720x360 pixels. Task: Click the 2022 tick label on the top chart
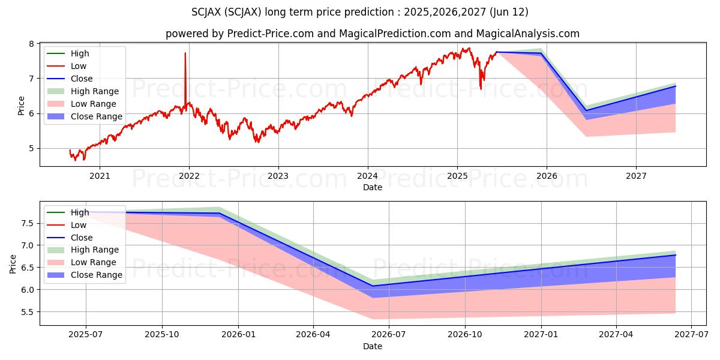point(189,176)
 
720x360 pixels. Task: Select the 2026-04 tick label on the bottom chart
point(313,334)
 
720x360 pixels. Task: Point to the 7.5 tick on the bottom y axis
point(28,223)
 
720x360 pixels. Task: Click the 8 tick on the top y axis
point(31,43)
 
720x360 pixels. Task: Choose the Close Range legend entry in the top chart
point(85,116)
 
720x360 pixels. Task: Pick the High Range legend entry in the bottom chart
point(83,250)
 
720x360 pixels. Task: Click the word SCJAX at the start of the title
point(206,12)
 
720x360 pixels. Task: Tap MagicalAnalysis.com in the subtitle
point(527,34)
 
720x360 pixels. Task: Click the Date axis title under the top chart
point(373,187)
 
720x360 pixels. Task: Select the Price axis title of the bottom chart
point(13,264)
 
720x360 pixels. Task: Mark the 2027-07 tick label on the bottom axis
point(691,334)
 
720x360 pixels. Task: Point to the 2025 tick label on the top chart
point(457,176)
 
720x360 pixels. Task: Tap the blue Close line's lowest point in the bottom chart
point(373,286)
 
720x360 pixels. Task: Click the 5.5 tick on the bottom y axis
point(28,312)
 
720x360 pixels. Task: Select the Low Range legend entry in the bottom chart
point(82,262)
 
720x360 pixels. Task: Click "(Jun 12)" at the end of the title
point(509,12)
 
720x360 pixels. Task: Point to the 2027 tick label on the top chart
point(636,176)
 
